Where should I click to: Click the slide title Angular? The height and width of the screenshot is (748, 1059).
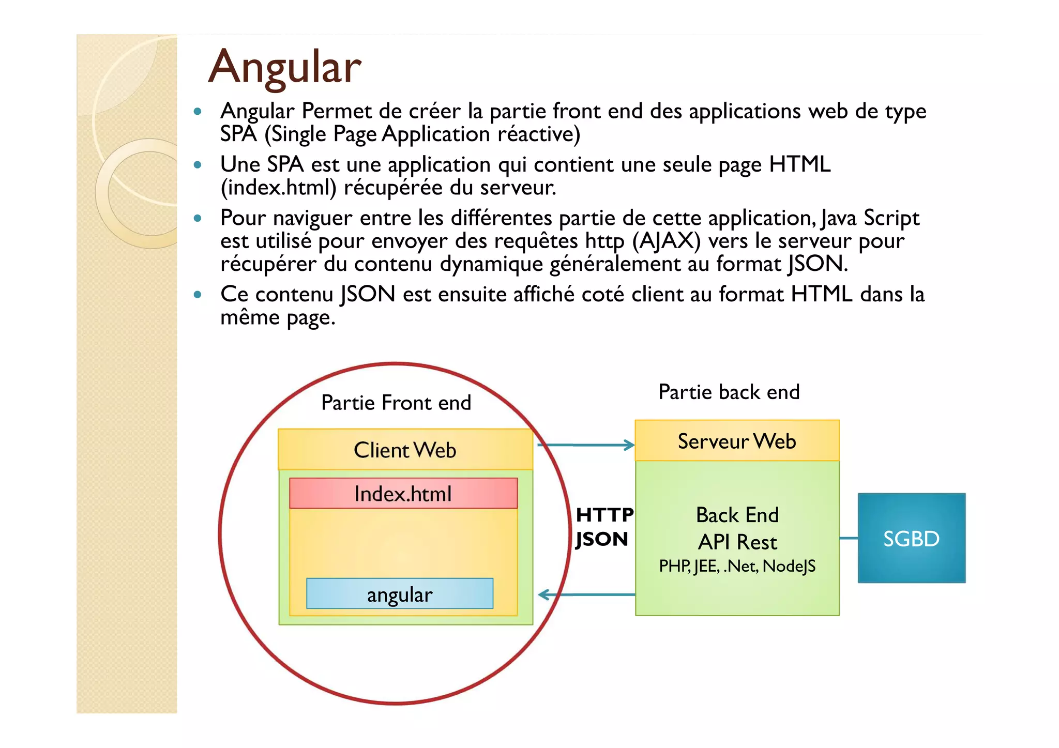(x=284, y=67)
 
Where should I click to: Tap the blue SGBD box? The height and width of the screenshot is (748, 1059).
(x=911, y=538)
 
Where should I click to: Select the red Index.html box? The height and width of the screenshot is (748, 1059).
(x=403, y=494)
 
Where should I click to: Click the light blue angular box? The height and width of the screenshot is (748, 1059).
(x=399, y=594)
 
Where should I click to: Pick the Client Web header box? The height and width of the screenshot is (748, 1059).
(x=405, y=450)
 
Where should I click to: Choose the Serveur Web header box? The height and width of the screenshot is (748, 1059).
(x=736, y=441)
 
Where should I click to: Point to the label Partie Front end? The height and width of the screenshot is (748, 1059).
(x=396, y=403)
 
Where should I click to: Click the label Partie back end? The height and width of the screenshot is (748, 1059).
(x=729, y=392)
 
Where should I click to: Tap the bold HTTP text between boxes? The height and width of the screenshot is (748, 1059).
(x=604, y=515)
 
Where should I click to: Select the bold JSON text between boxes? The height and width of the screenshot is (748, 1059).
(x=602, y=539)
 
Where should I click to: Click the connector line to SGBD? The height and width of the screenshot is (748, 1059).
(x=849, y=538)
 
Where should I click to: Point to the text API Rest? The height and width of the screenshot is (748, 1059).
(x=737, y=542)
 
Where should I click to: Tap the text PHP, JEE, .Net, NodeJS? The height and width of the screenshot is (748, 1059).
(x=737, y=567)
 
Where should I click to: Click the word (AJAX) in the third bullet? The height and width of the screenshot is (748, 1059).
(x=666, y=241)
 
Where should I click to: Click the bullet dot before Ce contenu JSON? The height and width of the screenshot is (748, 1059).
(x=197, y=295)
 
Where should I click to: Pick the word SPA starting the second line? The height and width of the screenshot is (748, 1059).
(x=238, y=134)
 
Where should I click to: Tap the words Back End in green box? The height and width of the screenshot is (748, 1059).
(x=737, y=515)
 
